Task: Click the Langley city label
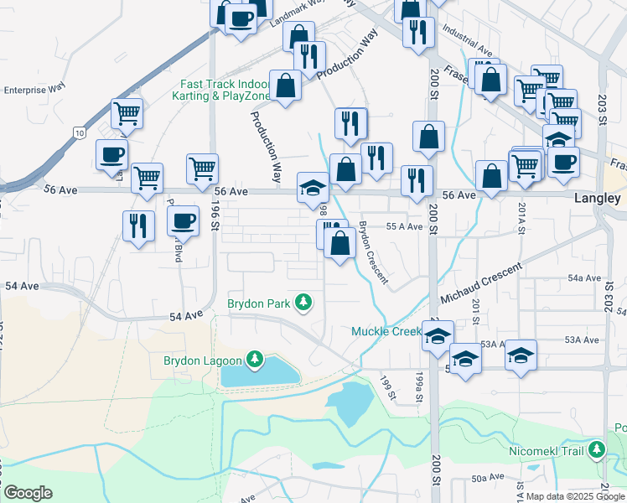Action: pos(597,199)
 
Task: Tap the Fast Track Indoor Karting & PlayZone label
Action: pos(225,90)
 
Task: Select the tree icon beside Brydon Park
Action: pos(308,302)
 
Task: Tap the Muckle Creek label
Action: pos(386,332)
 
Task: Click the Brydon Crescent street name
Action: pos(373,252)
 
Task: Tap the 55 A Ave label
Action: pos(403,226)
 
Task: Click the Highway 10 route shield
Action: pos(78,132)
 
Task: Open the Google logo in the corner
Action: pos(28,493)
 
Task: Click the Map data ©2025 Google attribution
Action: pos(574,495)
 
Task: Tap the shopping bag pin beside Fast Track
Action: pos(286,86)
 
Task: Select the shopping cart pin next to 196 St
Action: pos(202,168)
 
